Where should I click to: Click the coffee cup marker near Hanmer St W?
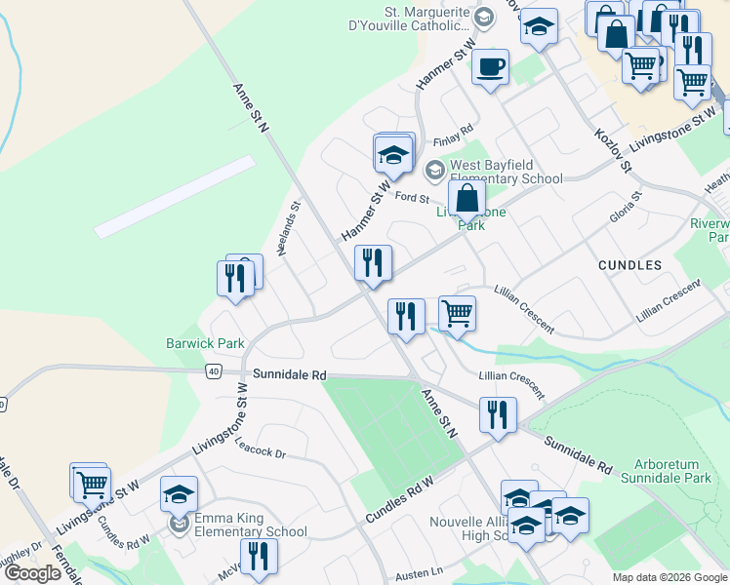[490, 68]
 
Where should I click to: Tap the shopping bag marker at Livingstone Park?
[467, 200]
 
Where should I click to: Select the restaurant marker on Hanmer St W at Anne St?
[372, 263]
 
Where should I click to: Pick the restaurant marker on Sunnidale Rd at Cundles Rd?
[498, 415]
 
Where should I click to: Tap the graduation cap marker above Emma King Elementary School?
[179, 495]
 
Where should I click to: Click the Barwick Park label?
[204, 343]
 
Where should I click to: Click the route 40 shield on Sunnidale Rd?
[214, 371]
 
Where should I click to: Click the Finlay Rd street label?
[452, 130]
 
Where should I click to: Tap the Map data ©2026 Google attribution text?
[670, 577]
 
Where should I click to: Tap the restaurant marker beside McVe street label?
[258, 557]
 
